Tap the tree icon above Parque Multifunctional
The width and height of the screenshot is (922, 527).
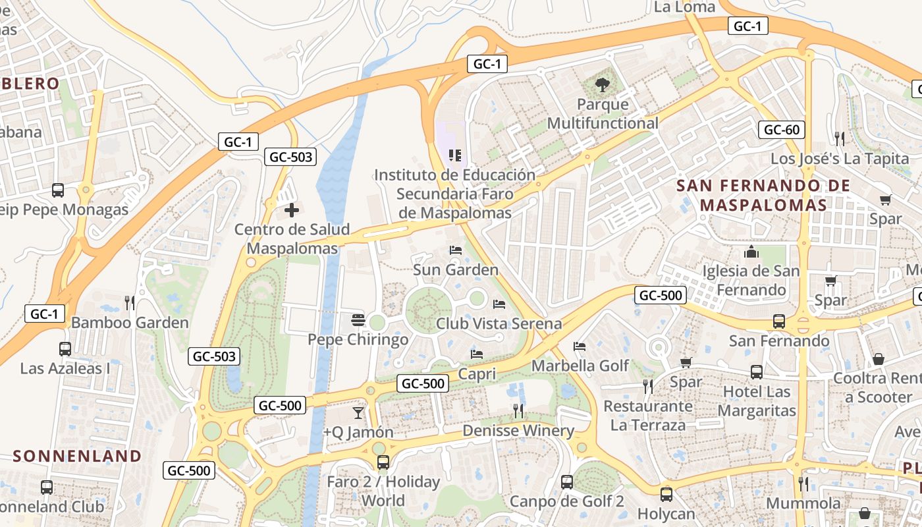pyautogui.click(x=602, y=84)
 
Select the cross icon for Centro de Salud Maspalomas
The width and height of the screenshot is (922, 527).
pyautogui.click(x=291, y=210)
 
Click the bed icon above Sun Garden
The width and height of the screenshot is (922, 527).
pyautogui.click(x=455, y=250)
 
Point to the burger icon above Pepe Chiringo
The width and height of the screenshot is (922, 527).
pyautogui.click(x=358, y=320)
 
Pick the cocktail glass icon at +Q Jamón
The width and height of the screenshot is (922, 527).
pyautogui.click(x=358, y=413)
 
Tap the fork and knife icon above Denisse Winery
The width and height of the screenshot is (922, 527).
pyautogui.click(x=518, y=411)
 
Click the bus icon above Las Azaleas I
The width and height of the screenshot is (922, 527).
pyautogui.click(x=65, y=349)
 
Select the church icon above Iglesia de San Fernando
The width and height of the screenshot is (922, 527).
pyautogui.click(x=751, y=252)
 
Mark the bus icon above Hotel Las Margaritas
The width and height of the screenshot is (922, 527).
pyautogui.click(x=756, y=372)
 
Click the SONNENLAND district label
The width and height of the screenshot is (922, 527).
pyautogui.click(x=77, y=456)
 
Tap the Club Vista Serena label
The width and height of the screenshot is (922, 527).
pyautogui.click(x=499, y=323)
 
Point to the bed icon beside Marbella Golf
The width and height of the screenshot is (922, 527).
pyautogui.click(x=580, y=347)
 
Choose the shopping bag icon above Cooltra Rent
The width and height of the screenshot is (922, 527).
pyautogui.click(x=878, y=359)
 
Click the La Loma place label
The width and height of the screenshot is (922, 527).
pyautogui.click(x=685, y=7)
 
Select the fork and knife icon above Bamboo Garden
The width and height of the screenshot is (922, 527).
pyautogui.click(x=130, y=303)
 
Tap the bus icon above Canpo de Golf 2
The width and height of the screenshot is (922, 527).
pyautogui.click(x=566, y=482)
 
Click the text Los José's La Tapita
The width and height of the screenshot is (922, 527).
pyautogui.click(x=840, y=159)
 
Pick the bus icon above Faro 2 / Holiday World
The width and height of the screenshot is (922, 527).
pyautogui.click(x=383, y=462)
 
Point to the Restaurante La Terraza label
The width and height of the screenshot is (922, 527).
pyautogui.click(x=647, y=416)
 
